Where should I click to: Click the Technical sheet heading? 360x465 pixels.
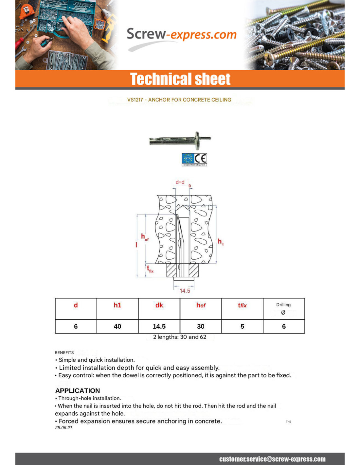pos(180,79)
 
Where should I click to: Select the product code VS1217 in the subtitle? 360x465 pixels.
pos(135,100)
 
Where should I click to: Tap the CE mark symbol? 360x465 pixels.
pos(201,159)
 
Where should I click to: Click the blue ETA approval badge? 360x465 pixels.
pos(188,159)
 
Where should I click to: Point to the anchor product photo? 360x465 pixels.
pos(180,140)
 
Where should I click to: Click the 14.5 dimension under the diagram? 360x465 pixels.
pos(185,291)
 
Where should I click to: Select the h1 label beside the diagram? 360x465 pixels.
pos(221,242)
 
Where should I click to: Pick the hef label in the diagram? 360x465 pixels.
pos(144,237)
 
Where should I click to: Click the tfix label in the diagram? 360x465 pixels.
pos(150,269)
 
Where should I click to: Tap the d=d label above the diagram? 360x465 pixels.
pos(180,182)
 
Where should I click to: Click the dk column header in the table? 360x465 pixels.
pos(159,305)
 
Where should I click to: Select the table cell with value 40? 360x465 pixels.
pos(117,326)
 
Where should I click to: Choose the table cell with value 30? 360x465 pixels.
pos(201,326)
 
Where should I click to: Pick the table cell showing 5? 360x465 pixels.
pos(242,326)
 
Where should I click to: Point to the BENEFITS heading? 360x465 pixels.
pos(64,353)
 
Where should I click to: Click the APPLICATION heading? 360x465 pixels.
pos(78,390)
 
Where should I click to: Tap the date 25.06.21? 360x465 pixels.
pos(63,428)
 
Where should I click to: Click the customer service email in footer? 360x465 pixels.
pos(272,459)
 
